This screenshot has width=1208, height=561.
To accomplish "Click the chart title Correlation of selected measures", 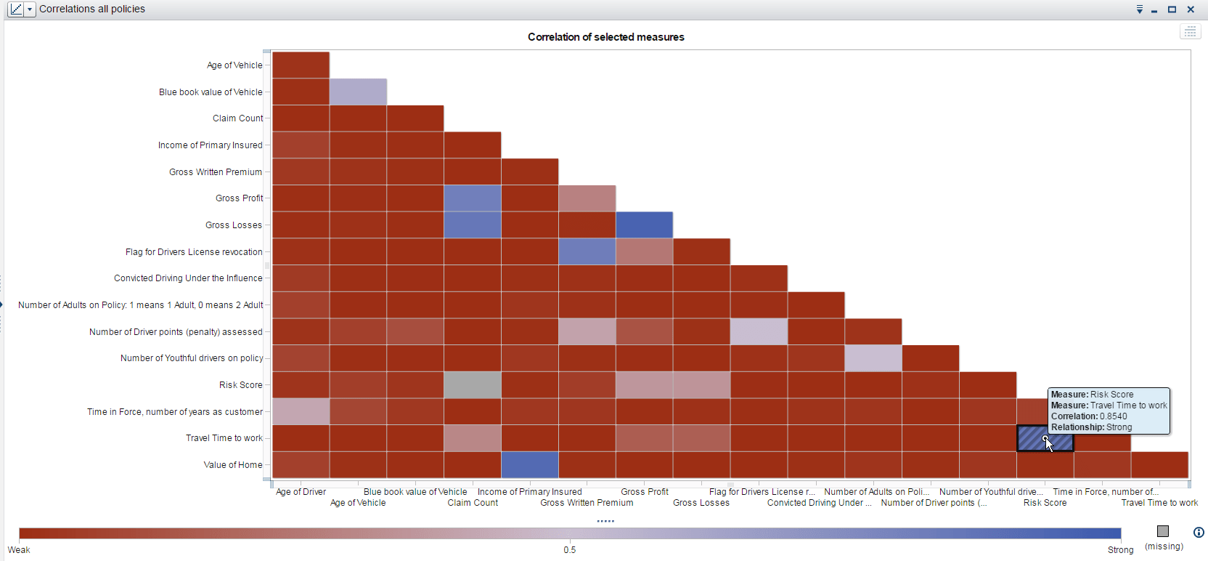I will (605, 37).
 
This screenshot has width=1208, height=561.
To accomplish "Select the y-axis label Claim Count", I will (237, 118).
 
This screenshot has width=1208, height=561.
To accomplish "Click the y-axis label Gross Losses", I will (233, 225).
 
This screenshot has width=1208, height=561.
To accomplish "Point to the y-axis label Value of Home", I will (232, 465).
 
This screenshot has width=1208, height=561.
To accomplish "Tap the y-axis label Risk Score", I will (240, 385).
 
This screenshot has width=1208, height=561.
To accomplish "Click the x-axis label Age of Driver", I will (301, 492).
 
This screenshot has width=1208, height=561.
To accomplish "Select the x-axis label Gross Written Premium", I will (587, 503).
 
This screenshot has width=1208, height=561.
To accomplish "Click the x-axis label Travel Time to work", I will (1159, 503).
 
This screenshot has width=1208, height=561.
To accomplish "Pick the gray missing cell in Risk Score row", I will (473, 385).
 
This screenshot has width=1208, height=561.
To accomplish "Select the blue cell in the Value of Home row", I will (529, 465).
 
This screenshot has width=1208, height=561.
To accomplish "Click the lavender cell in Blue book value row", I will (358, 92).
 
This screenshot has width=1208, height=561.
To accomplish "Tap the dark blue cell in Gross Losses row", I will (644, 225).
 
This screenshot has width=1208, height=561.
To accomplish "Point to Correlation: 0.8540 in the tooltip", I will (1089, 416).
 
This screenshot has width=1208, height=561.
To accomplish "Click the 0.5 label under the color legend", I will (569, 550).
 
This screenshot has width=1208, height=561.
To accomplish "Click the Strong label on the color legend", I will (1120, 550).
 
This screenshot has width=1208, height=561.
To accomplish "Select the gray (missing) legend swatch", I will (1163, 531).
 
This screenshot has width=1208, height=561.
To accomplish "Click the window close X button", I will (1191, 9).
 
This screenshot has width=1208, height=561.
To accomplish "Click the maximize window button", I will (1172, 9).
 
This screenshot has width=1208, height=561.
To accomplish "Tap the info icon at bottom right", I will (1199, 532).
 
